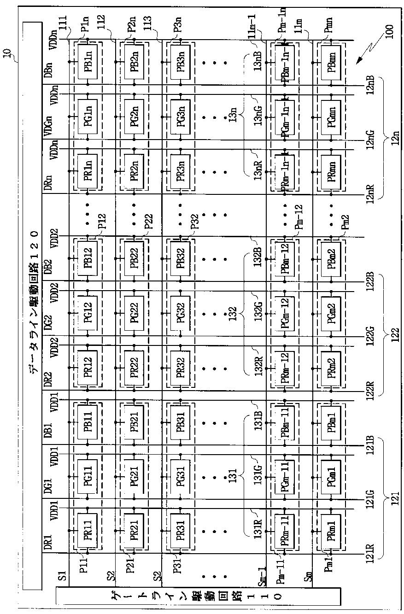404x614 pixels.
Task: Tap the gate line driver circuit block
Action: click(x=198, y=595)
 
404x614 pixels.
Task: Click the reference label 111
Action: click(x=60, y=21)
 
